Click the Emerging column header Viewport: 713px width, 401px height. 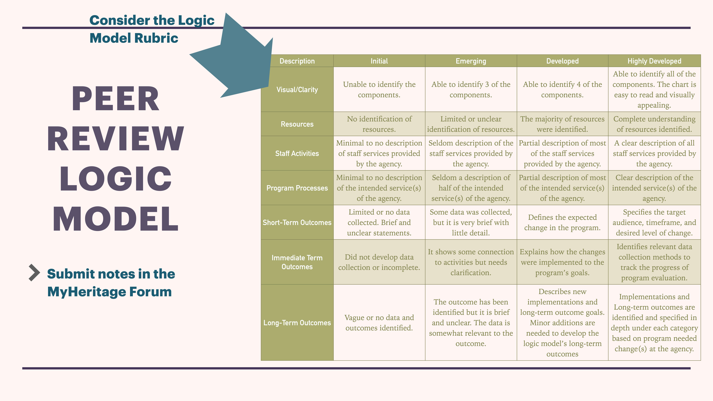pyautogui.click(x=471, y=61)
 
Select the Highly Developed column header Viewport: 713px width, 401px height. pyautogui.click(x=654, y=61)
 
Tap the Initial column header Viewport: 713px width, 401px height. pyautogui.click(x=379, y=61)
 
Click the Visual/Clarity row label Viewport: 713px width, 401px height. pyautogui.click(x=297, y=90)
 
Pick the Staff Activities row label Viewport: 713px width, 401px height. pyautogui.click(x=297, y=153)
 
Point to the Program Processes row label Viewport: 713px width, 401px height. pyautogui.click(x=297, y=188)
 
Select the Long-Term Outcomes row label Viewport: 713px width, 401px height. pyautogui.click(x=297, y=323)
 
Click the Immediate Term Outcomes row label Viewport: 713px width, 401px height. pyautogui.click(x=297, y=262)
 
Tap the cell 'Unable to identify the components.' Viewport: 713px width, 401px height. pyautogui.click(x=379, y=90)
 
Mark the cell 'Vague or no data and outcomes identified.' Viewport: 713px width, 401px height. pyautogui.click(x=379, y=323)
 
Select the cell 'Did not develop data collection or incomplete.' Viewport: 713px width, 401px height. pyautogui.click(x=379, y=262)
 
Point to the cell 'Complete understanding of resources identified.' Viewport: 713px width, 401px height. pyautogui.click(x=654, y=124)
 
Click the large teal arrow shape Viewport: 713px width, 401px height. pyautogui.click(x=238, y=61)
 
